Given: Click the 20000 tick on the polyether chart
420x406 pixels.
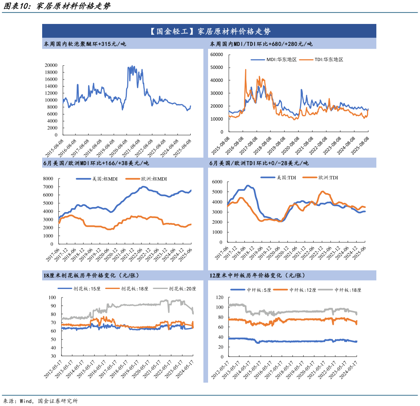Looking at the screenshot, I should click(51, 65).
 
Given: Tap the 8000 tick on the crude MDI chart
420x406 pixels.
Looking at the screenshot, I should click(48, 178).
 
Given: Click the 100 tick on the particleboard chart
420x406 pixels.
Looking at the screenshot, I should click(52, 297).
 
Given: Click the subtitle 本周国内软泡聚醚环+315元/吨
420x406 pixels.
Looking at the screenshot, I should click(85, 44).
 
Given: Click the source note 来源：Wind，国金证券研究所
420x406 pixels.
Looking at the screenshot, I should click(40, 401).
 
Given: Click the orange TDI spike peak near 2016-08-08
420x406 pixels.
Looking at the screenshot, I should click(246, 70).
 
